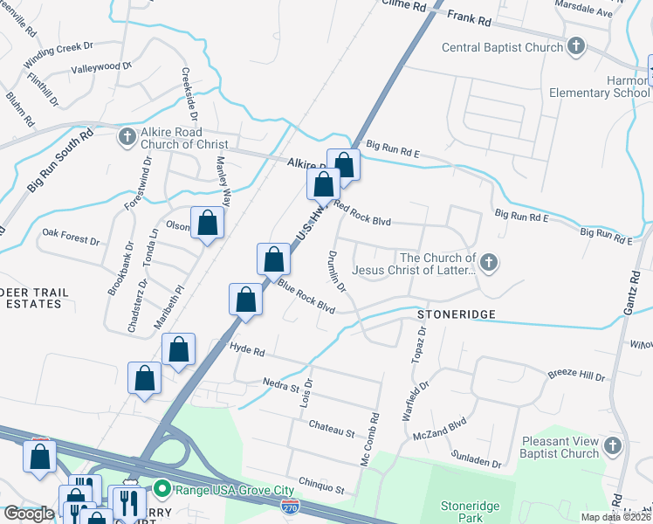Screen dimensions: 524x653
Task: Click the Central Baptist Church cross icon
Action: click(575, 47)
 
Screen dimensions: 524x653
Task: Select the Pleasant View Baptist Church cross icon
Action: click(613, 447)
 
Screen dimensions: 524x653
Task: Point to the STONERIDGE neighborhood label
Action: click(456, 314)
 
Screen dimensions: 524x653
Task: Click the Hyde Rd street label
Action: click(246, 348)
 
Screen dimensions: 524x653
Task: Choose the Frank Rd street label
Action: click(471, 17)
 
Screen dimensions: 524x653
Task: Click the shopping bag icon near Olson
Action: click(208, 224)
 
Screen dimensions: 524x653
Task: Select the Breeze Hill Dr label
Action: click(576, 376)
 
